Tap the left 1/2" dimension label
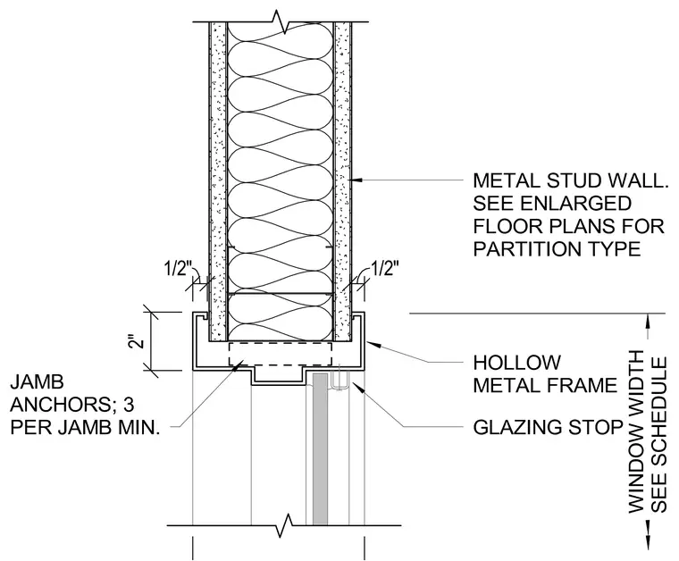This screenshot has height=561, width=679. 178,269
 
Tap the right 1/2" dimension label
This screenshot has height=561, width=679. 383,269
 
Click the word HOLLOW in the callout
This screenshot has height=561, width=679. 516,363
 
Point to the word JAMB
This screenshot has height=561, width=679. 38,382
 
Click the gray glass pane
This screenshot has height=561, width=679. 320,448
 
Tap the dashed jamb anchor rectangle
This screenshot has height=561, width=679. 281,355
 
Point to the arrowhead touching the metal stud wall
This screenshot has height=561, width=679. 356,180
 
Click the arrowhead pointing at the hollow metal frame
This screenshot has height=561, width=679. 373,345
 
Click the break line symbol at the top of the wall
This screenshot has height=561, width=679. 281,21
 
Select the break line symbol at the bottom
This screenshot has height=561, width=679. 284,525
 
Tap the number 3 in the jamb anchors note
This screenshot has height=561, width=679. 129,406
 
